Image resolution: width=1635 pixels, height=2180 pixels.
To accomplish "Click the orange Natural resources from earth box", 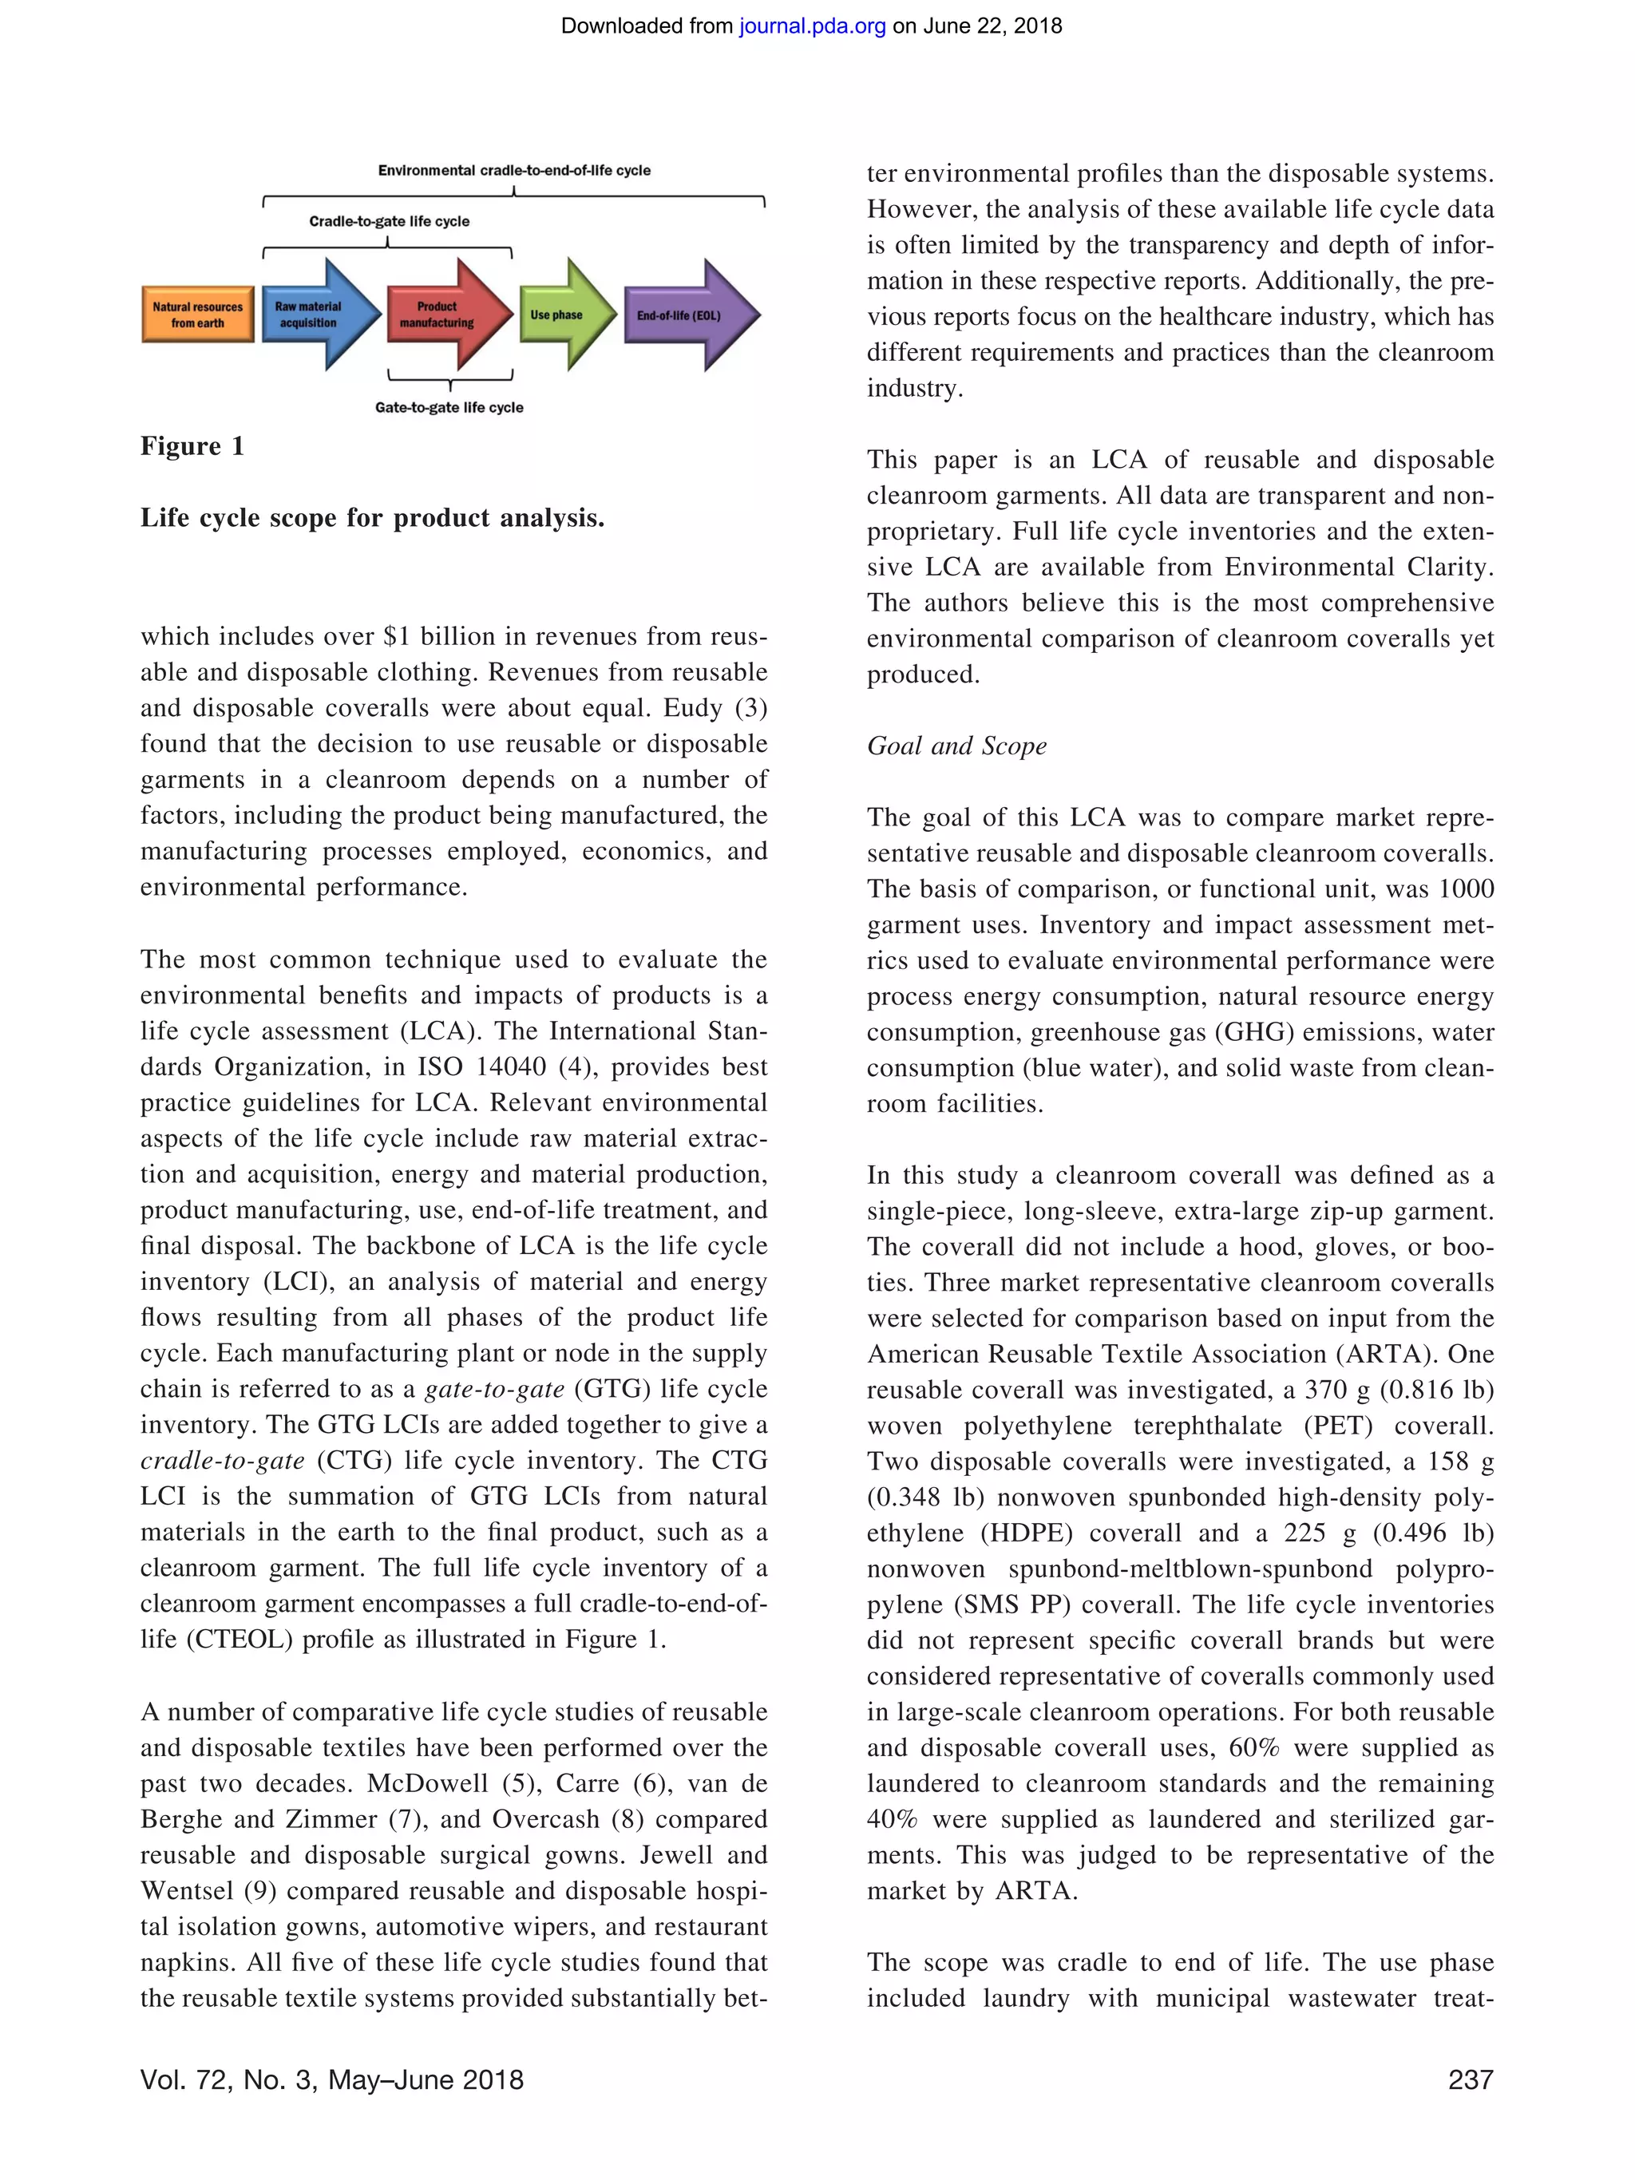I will pos(197,315).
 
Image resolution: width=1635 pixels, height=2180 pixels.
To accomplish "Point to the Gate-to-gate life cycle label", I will pos(449,407).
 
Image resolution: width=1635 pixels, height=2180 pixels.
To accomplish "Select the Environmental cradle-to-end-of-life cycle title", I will pos(513,171).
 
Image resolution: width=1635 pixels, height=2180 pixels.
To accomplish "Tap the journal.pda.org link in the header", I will pos(812,26).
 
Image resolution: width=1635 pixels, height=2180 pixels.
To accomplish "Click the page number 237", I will pos(1470,2079).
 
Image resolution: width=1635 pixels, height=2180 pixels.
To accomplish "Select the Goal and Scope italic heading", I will pos(956,746).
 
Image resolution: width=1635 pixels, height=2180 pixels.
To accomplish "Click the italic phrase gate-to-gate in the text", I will pos(493,1390).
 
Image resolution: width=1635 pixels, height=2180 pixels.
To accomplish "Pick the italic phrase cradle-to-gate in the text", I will pos(222,1462).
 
